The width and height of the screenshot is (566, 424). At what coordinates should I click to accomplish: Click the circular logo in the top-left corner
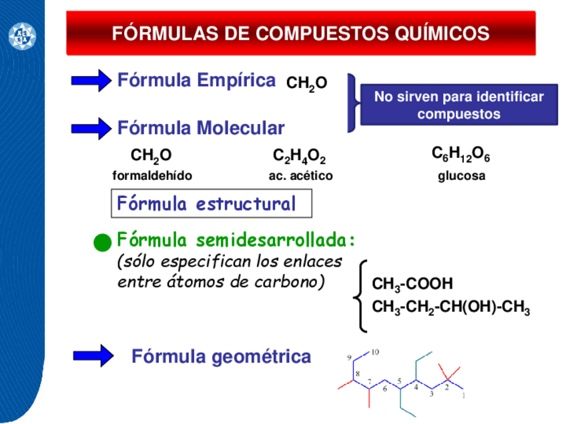[21, 35]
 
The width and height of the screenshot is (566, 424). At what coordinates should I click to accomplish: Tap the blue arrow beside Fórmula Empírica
[91, 81]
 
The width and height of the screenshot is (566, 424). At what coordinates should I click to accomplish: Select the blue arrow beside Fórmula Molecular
[91, 128]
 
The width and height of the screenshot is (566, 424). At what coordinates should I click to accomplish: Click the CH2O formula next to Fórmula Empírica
[306, 84]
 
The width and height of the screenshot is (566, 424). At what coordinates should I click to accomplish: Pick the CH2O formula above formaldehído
[151, 157]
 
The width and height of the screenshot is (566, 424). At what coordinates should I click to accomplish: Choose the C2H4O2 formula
[299, 157]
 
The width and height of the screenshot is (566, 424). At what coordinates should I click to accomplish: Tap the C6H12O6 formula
[461, 156]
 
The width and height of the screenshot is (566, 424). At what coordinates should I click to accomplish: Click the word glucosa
[461, 177]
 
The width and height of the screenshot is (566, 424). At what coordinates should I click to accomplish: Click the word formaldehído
[152, 177]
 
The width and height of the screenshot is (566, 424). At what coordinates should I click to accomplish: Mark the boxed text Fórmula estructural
[211, 204]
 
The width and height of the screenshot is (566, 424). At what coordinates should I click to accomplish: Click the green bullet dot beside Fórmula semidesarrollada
[102, 243]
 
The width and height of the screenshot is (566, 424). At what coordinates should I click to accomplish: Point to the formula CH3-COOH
[412, 285]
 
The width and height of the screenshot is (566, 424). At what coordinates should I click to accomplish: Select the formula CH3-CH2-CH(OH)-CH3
[451, 308]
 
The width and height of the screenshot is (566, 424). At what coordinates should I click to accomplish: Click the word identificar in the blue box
[505, 97]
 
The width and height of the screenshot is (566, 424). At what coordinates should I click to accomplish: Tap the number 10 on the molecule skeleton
[374, 351]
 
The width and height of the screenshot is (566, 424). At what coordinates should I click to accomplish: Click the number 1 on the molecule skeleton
[463, 395]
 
